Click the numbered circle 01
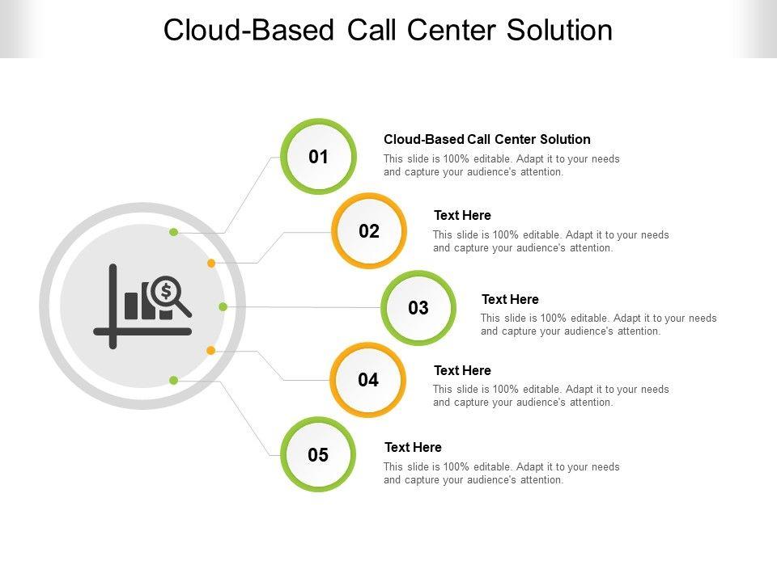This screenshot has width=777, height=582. click(319, 157)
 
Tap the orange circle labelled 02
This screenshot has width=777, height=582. click(369, 231)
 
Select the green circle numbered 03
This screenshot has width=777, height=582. click(418, 308)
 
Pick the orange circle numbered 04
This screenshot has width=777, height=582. click(368, 380)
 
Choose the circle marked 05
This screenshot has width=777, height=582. click(319, 455)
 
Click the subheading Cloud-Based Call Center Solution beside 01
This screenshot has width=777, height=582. click(486, 139)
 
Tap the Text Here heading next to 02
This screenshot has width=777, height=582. click(462, 215)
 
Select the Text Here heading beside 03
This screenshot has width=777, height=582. click(510, 299)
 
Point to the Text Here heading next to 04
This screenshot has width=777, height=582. click(462, 370)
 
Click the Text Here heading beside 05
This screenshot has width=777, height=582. click(413, 447)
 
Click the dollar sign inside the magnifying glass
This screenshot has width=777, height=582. click(166, 290)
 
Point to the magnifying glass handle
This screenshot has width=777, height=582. click(184, 308)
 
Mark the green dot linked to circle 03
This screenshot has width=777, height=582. click(223, 307)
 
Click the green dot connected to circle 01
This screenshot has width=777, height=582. click(173, 233)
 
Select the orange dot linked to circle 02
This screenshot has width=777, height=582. click(211, 263)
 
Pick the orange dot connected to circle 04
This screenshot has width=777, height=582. click(211, 350)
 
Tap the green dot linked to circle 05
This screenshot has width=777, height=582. click(173, 380)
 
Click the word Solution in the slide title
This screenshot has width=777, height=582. click(559, 30)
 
